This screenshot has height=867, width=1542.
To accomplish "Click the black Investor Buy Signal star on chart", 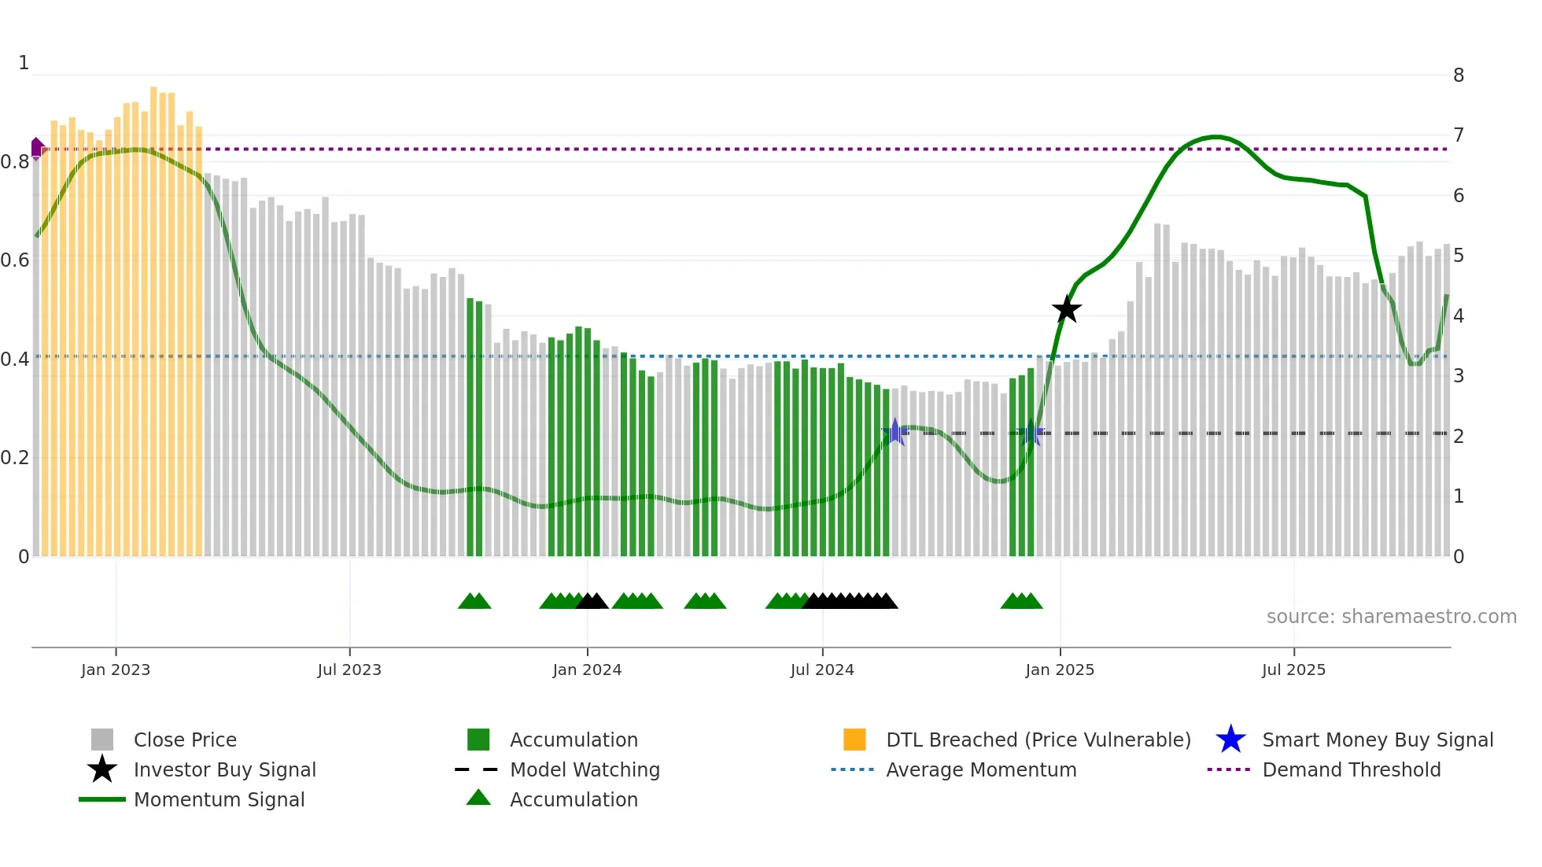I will [x=1067, y=309].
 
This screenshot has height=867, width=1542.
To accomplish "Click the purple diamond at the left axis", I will [x=37, y=148].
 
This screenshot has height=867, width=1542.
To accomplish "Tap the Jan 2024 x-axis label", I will [x=587, y=670].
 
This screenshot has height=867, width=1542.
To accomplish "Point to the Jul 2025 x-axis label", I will [x=1293, y=670].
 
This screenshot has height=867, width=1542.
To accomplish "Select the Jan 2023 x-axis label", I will [x=116, y=670].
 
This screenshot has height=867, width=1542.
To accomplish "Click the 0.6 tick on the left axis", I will [x=15, y=260].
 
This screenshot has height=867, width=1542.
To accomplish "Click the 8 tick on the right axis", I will [x=1459, y=76].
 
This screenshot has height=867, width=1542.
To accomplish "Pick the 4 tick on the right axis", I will [x=1459, y=316].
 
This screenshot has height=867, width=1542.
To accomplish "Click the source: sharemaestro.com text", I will [x=1391, y=617].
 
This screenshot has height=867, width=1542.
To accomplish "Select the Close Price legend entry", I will [x=185, y=740].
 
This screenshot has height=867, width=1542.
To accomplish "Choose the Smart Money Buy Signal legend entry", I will [x=1377, y=740].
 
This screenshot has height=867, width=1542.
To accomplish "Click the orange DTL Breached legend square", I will [x=854, y=740].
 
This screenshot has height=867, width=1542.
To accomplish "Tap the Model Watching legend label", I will [x=585, y=769].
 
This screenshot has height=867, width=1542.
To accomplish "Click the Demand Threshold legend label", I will [x=1351, y=769].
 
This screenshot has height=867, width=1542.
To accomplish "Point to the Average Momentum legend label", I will [x=981, y=769].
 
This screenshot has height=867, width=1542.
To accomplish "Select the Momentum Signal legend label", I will [x=219, y=799].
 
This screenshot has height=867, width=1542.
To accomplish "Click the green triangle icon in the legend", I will [x=478, y=798].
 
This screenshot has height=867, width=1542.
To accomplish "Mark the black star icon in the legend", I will [x=102, y=769].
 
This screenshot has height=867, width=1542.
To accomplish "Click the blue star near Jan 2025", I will [x=1030, y=433].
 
